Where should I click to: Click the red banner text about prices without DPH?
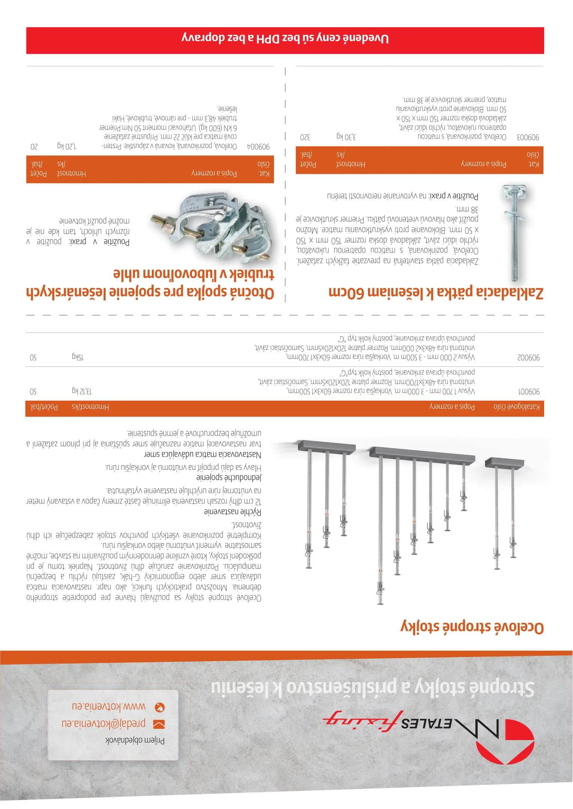tap(285, 39)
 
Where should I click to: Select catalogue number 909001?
tap(529, 392)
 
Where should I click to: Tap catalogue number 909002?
tap(529, 358)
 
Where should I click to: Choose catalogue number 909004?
tap(258, 147)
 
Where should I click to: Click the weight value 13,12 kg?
tap(81, 391)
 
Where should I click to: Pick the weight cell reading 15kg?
tap(78, 357)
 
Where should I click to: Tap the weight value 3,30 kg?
tap(346, 137)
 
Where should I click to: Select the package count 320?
tap(305, 137)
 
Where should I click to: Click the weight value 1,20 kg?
tap(67, 146)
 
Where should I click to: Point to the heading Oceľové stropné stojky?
tap(472, 627)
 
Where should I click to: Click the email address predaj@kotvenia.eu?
tap(103, 722)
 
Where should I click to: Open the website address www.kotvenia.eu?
tap(109, 706)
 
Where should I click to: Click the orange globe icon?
tap(160, 707)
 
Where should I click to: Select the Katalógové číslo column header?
tap(516, 407)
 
